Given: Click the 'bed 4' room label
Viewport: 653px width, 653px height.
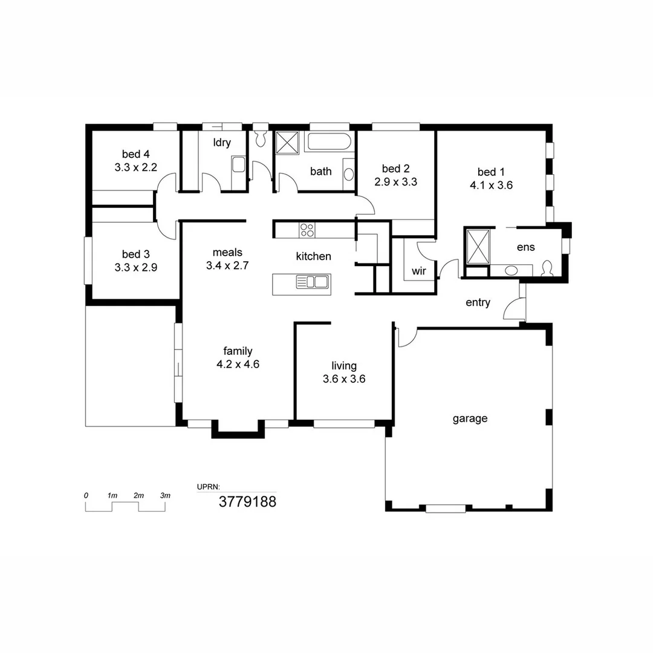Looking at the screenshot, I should click(135, 154).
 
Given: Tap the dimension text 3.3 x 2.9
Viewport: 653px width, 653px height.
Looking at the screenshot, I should click(135, 267).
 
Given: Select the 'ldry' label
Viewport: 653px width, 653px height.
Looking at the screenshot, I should click(221, 143).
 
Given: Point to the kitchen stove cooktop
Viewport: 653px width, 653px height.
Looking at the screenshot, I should click(307, 230).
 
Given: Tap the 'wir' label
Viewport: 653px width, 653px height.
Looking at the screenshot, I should click(419, 271).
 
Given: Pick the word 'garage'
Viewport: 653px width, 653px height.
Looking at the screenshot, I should click(470, 418).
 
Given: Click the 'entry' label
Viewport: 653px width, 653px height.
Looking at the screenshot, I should click(478, 303).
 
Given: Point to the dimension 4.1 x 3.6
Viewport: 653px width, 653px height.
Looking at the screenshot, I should click(491, 186).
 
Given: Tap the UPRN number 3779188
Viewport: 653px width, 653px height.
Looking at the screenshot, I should click(247, 501).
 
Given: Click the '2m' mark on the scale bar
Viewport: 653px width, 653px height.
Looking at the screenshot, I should click(138, 496).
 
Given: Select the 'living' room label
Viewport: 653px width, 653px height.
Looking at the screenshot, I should click(343, 366).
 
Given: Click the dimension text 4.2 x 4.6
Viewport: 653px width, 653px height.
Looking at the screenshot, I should click(238, 364).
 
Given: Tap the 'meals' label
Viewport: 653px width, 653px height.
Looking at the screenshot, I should click(227, 252).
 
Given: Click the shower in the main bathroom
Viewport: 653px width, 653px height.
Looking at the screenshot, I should click(288, 143).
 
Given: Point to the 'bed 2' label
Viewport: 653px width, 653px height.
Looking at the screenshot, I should click(396, 168).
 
